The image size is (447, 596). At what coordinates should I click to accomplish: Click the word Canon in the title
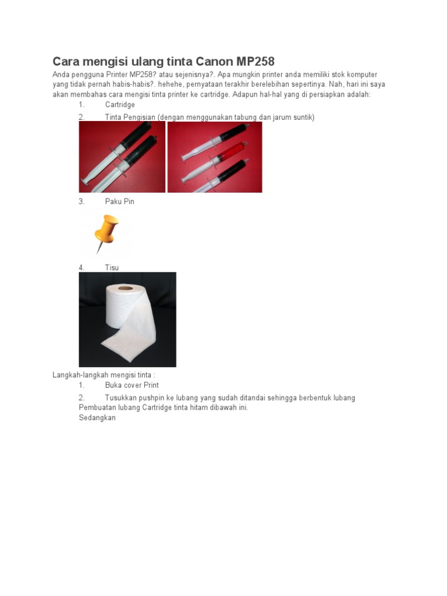(x=216, y=61)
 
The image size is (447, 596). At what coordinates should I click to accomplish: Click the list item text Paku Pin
(x=119, y=201)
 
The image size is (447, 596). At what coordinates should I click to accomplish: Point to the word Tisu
(x=112, y=268)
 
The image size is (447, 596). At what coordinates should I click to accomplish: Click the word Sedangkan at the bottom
(x=97, y=417)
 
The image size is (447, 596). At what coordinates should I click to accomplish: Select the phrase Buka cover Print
(x=132, y=385)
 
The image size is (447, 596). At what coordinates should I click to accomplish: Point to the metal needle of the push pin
(x=100, y=247)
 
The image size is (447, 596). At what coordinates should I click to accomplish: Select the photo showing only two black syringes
(x=122, y=157)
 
